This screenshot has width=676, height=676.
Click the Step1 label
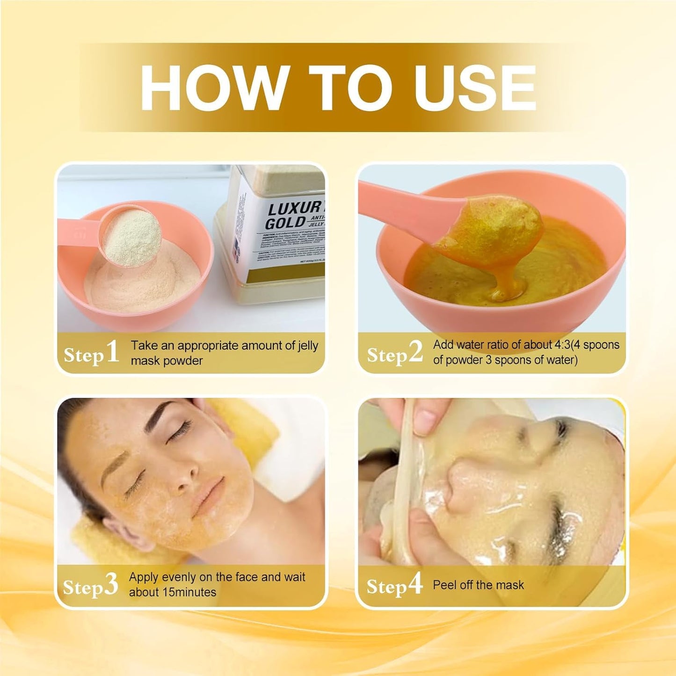tap(92, 353)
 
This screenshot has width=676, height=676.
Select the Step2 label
tap(395, 353)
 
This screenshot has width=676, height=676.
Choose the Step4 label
tap(394, 585)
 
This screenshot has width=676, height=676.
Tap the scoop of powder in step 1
tap(131, 238)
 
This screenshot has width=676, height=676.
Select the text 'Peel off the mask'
tap(478, 585)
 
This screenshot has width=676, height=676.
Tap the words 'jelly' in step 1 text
tap(308, 346)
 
